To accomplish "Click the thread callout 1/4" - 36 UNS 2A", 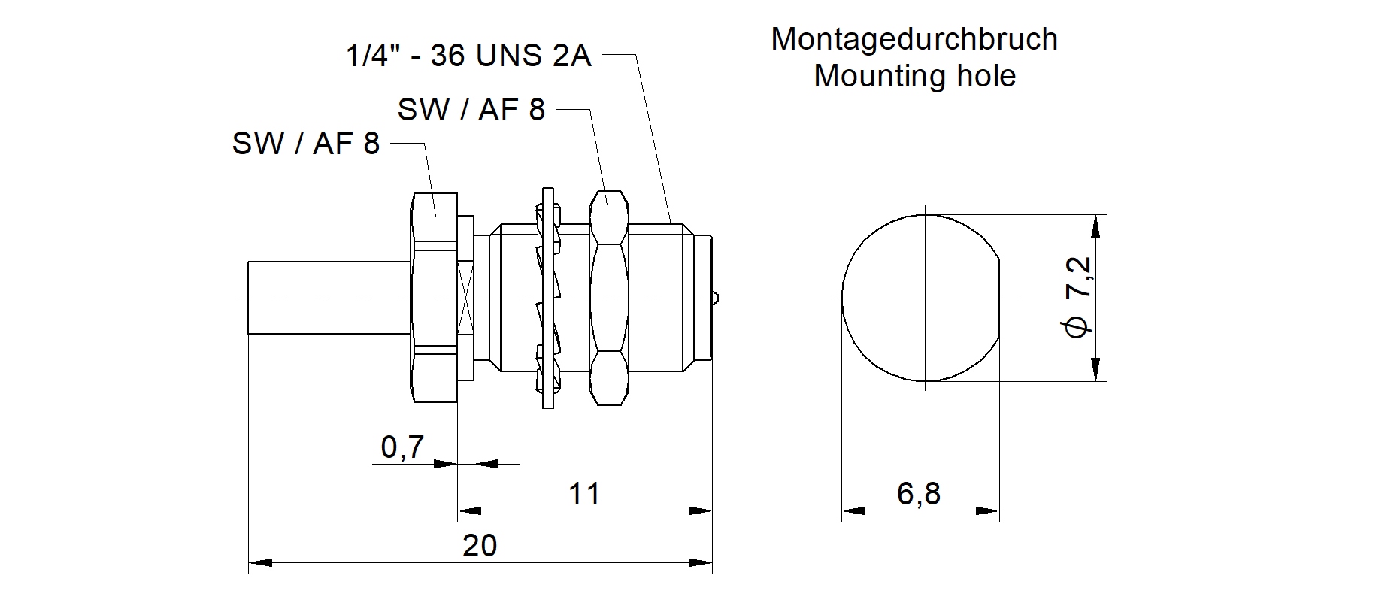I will click(x=468, y=56).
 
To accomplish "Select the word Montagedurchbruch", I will click(x=914, y=39).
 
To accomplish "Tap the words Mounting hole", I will click(x=914, y=76).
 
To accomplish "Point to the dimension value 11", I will click(x=584, y=494).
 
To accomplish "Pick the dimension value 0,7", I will click(x=403, y=447).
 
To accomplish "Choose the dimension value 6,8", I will click(x=919, y=494).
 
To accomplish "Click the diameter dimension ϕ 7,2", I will click(x=1077, y=298).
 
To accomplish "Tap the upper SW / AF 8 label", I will click(x=471, y=111).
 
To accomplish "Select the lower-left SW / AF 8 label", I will click(x=306, y=144).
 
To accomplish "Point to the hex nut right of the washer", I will click(x=608, y=298).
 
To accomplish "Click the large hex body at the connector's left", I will click(x=435, y=298).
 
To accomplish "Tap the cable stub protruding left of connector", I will click(x=329, y=298).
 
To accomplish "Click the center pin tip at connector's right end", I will click(x=718, y=297).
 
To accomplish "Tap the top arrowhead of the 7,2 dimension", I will click(x=1098, y=226).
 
